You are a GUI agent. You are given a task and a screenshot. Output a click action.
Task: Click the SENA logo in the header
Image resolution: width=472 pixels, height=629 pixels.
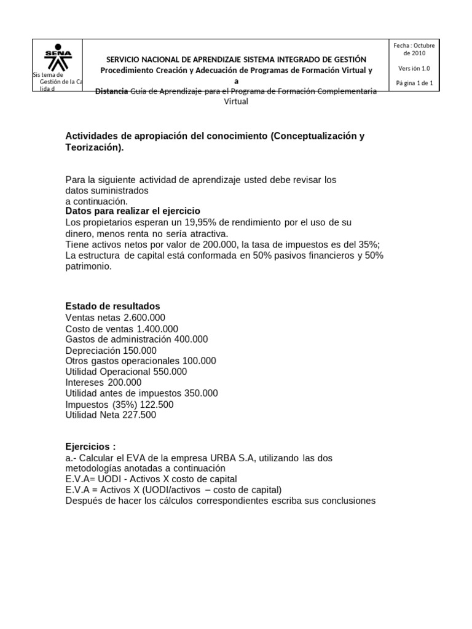pos(58,56)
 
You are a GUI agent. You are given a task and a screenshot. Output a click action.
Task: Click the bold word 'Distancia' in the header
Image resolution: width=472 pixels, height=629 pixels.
pos(112,92)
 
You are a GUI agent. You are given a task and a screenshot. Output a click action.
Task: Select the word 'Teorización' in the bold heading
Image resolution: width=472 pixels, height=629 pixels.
pos(93,148)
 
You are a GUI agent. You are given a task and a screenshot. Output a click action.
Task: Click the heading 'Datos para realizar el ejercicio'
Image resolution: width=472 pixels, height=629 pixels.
pos(133,211)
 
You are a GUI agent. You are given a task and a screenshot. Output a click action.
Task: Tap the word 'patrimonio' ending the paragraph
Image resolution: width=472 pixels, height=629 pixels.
pos(88,267)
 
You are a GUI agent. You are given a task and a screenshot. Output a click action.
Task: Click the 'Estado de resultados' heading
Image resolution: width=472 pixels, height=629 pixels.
pos(112,307)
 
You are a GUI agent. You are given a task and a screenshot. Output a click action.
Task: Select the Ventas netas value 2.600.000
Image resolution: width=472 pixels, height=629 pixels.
pos(144,318)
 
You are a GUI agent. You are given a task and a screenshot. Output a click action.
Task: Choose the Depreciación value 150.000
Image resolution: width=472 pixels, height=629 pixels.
pos(135,350)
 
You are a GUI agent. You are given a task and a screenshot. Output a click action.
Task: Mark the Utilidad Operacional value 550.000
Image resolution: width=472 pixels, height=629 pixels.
pos(167,372)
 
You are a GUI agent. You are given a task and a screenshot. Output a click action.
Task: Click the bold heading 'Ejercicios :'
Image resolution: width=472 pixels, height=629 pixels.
pos(90,447)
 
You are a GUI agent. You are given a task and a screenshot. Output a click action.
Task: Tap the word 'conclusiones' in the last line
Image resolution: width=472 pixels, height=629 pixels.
pos(346,501)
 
